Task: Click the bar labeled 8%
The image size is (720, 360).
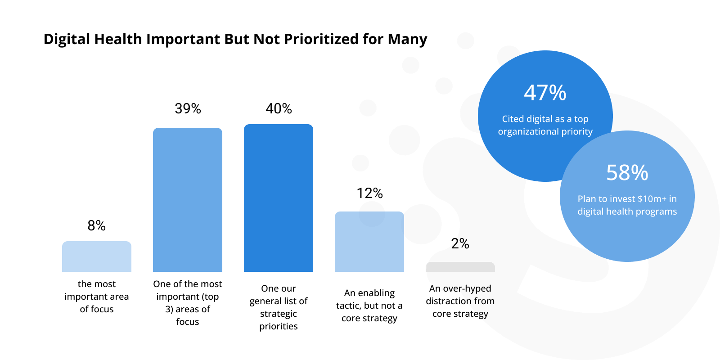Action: (97, 256)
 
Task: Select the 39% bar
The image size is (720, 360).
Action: (188, 200)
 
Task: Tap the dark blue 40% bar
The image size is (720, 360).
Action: (279, 198)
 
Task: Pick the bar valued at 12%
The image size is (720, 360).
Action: (369, 242)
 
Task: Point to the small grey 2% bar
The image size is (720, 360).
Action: (460, 267)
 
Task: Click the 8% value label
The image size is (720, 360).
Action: (97, 225)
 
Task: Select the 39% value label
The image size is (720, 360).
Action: (188, 108)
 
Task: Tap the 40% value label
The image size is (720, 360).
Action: (279, 108)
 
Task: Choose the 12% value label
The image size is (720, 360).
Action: (369, 193)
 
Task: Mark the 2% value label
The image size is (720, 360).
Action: (460, 243)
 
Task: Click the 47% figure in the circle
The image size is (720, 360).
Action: (545, 93)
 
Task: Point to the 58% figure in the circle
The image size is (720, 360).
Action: (627, 172)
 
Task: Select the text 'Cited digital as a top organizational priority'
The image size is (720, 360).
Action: (545, 125)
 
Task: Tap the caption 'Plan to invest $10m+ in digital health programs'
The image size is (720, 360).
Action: (627, 205)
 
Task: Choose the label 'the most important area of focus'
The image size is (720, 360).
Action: (97, 297)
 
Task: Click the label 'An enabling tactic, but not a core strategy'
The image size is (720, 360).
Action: (369, 306)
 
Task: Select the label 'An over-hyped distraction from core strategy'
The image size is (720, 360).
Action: (460, 301)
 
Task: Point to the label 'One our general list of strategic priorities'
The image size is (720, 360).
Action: (279, 307)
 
